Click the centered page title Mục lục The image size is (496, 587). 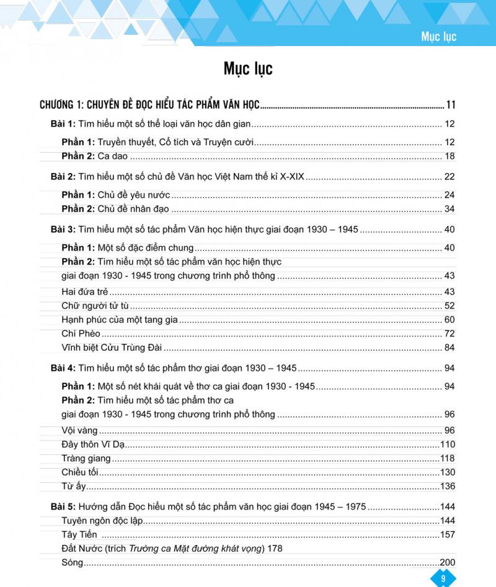pos(248,68)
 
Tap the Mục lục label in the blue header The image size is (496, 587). pos(438,37)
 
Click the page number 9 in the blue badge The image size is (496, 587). pos(443,578)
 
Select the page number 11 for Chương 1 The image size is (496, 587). pos(451,104)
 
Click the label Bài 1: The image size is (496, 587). pos(63,123)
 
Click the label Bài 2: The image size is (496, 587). pos(63,177)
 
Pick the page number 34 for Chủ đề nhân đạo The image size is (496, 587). pos(449,209)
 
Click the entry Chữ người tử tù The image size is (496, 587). pos(95,305)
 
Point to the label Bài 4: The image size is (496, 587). pos(63,368)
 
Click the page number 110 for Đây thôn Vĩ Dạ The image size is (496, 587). pos(447,444)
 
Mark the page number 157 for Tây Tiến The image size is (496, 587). pos(447,535)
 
